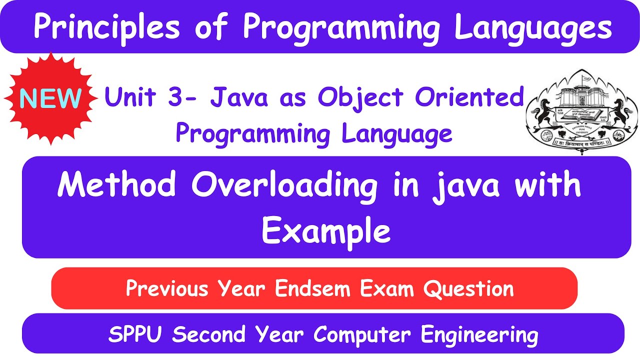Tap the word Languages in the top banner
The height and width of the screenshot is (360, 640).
tap(533, 28)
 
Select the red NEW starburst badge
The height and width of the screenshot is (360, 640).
tap(50, 98)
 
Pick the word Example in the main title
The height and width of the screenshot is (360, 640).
tap(326, 231)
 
